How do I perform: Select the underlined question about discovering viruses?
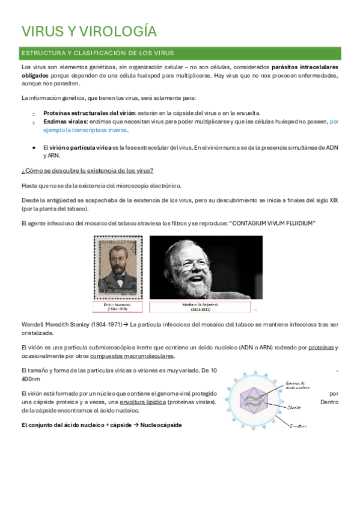pos(87,171)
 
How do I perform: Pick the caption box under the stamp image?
pos(118,307)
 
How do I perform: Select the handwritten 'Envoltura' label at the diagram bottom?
pos(298,426)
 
